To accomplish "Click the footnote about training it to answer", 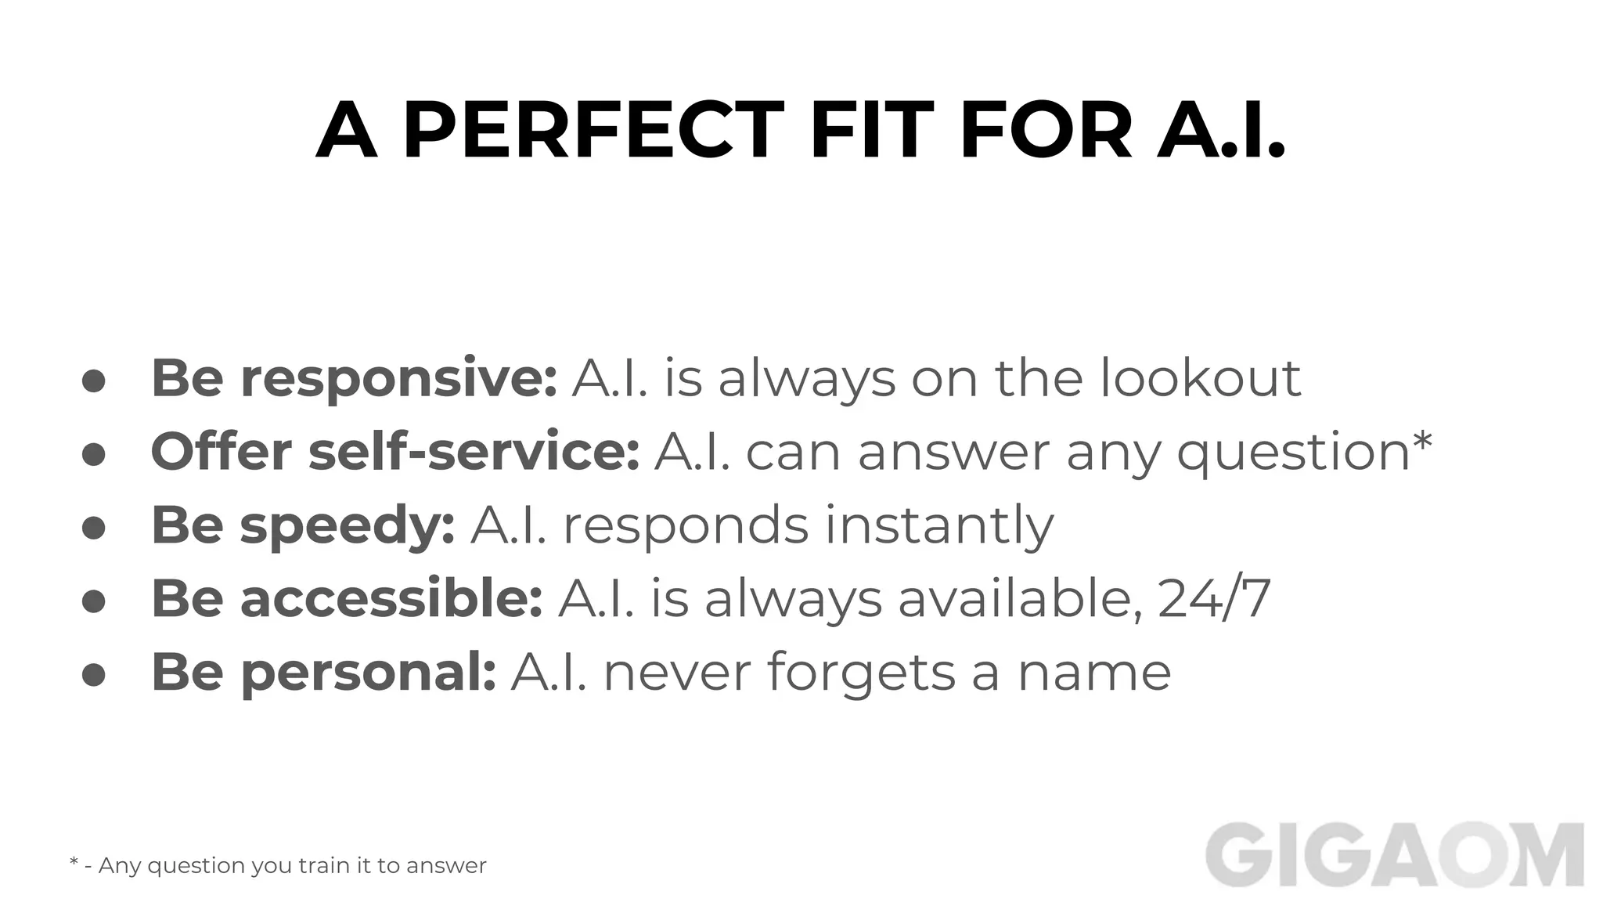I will point(278,865).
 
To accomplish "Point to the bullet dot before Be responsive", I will point(94,381).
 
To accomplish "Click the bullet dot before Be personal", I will point(94,675).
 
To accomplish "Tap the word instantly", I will point(939,526).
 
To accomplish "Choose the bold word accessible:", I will point(391,599).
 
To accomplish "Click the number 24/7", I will point(1214,599).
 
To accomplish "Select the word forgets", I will point(861,673).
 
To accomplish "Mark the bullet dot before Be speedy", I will point(94,528).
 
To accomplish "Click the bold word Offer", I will point(222,452).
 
